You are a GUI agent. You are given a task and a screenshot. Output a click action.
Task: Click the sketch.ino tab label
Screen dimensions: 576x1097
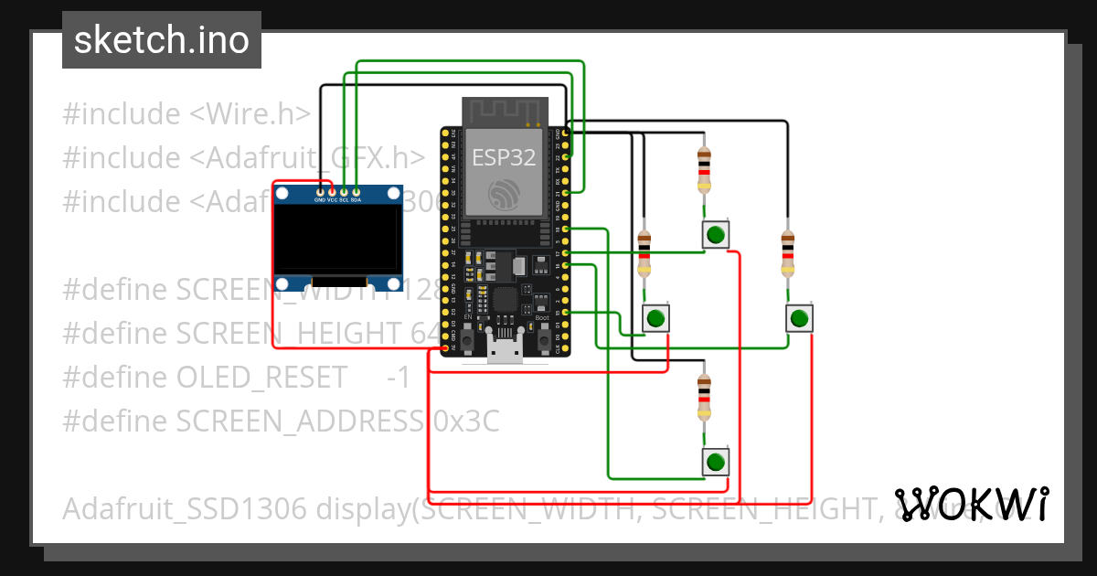click(x=162, y=40)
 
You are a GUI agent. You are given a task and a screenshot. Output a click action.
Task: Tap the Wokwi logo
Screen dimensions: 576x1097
click(x=972, y=504)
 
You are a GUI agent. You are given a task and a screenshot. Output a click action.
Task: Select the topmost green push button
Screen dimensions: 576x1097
click(x=716, y=235)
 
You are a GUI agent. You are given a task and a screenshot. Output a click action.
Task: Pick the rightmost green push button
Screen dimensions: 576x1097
click(x=799, y=318)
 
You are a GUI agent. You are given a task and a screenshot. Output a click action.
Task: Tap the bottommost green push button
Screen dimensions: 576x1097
click(x=716, y=462)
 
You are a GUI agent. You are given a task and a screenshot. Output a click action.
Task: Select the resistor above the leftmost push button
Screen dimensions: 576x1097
click(x=644, y=253)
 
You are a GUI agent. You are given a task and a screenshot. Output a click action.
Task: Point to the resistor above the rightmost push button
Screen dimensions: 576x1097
click(x=788, y=253)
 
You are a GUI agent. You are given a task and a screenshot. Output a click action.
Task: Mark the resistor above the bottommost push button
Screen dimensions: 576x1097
click(x=703, y=397)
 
